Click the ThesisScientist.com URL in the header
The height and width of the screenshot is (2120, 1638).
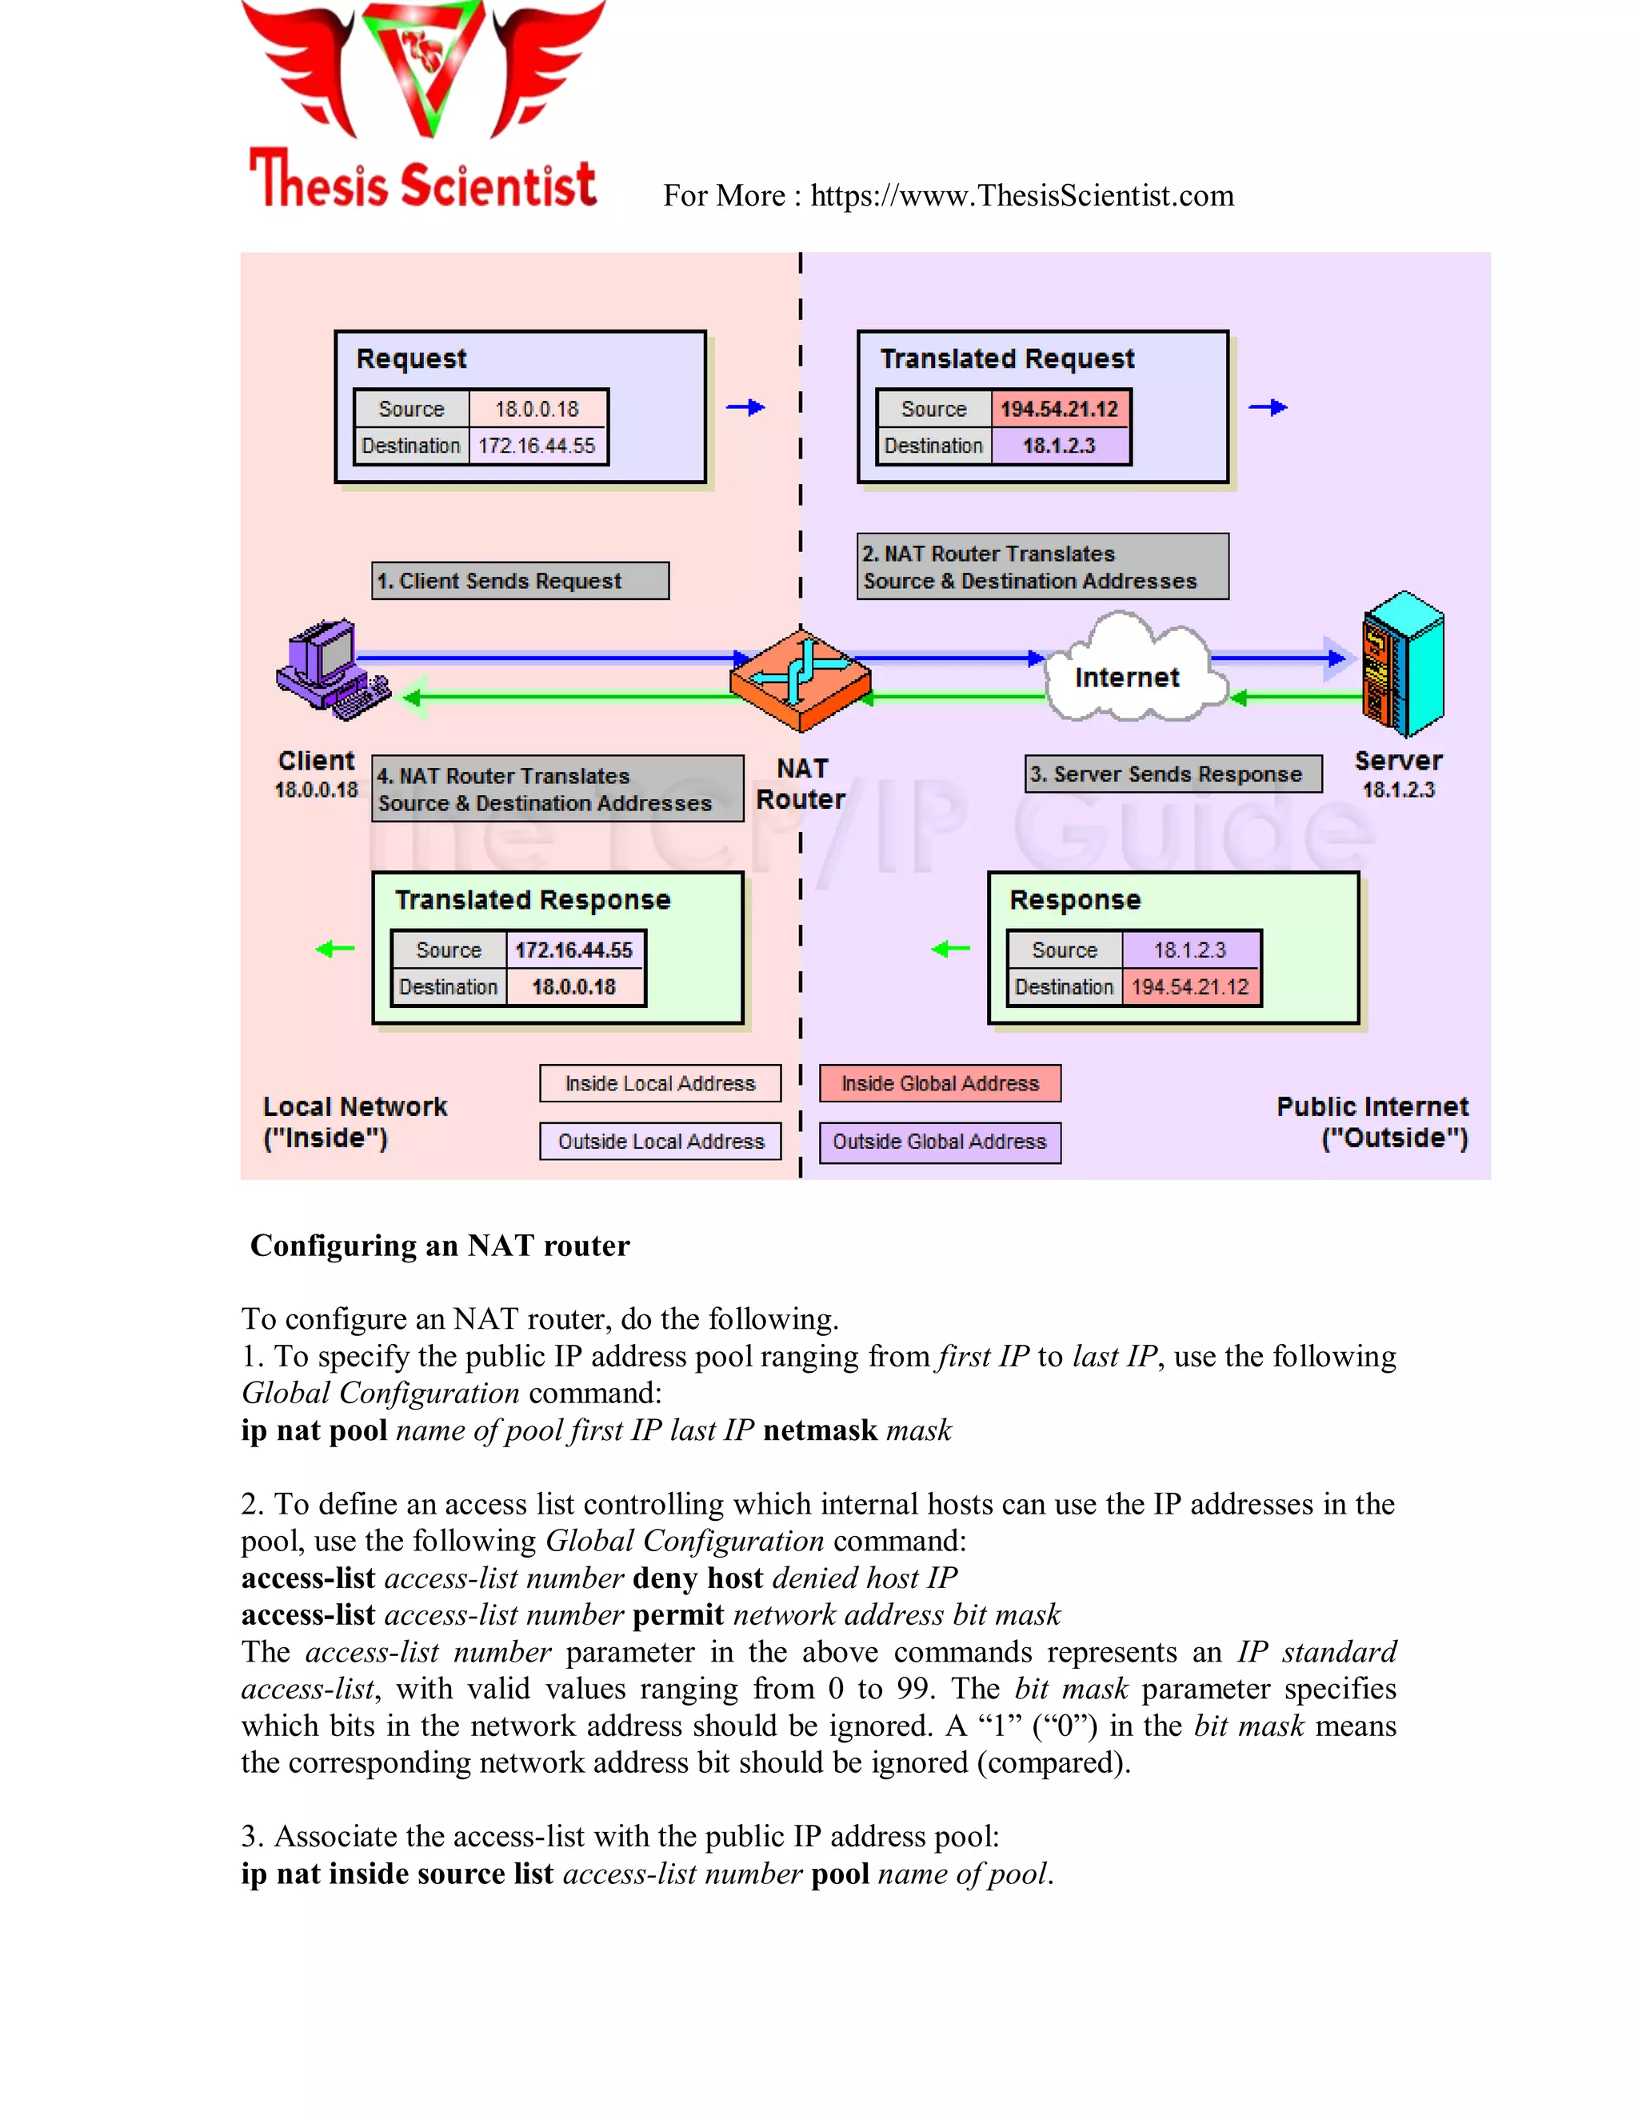(1021, 196)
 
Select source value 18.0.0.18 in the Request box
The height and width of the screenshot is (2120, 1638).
(537, 409)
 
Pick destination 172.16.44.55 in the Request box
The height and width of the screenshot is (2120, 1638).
(537, 446)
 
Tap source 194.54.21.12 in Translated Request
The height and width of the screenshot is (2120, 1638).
(1059, 409)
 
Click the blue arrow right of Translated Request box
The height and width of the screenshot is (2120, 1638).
(1268, 408)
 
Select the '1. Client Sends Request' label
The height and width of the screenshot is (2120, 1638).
(520, 581)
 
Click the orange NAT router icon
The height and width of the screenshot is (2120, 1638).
(801, 678)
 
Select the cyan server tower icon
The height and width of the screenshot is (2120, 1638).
(1402, 665)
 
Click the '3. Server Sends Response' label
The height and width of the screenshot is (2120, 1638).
(1173, 774)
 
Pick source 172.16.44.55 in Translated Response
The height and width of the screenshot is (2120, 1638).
(573, 950)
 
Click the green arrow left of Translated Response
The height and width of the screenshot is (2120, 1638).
(336, 950)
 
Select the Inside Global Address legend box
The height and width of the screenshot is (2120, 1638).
(939, 1083)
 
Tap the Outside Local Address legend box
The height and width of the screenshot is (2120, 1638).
(660, 1142)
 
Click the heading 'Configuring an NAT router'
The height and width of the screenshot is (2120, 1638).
(440, 1246)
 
